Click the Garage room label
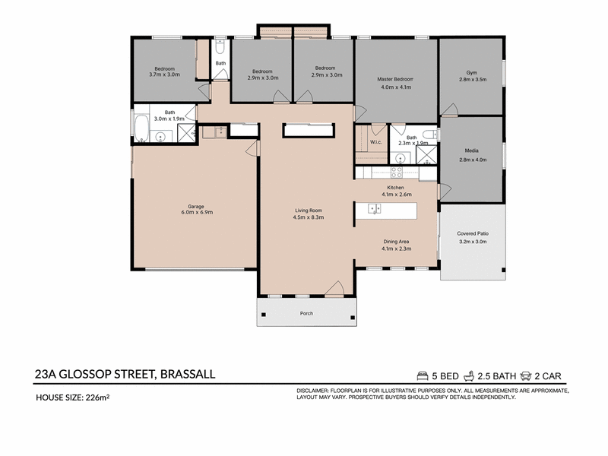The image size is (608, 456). point(196,207)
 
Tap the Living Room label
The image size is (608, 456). point(309,211)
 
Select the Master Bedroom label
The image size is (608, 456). point(395,79)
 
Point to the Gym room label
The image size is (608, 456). point(472,72)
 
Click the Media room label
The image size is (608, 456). point(471,150)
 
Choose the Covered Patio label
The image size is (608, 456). point(473,233)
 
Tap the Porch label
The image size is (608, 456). point(306,313)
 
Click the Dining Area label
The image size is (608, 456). point(396,242)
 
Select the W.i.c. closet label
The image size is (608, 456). point(375,142)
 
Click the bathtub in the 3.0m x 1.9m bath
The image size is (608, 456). point(141,128)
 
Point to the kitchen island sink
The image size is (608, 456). point(374,209)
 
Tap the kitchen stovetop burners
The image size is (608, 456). point(396,173)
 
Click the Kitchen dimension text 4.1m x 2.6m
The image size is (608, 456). point(397,195)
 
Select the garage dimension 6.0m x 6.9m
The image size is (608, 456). point(197,212)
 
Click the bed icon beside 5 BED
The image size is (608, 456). point(423,375)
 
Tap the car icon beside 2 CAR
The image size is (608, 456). point(526,375)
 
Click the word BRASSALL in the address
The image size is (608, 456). point(188,374)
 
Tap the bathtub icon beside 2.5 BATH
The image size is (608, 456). point(469,375)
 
